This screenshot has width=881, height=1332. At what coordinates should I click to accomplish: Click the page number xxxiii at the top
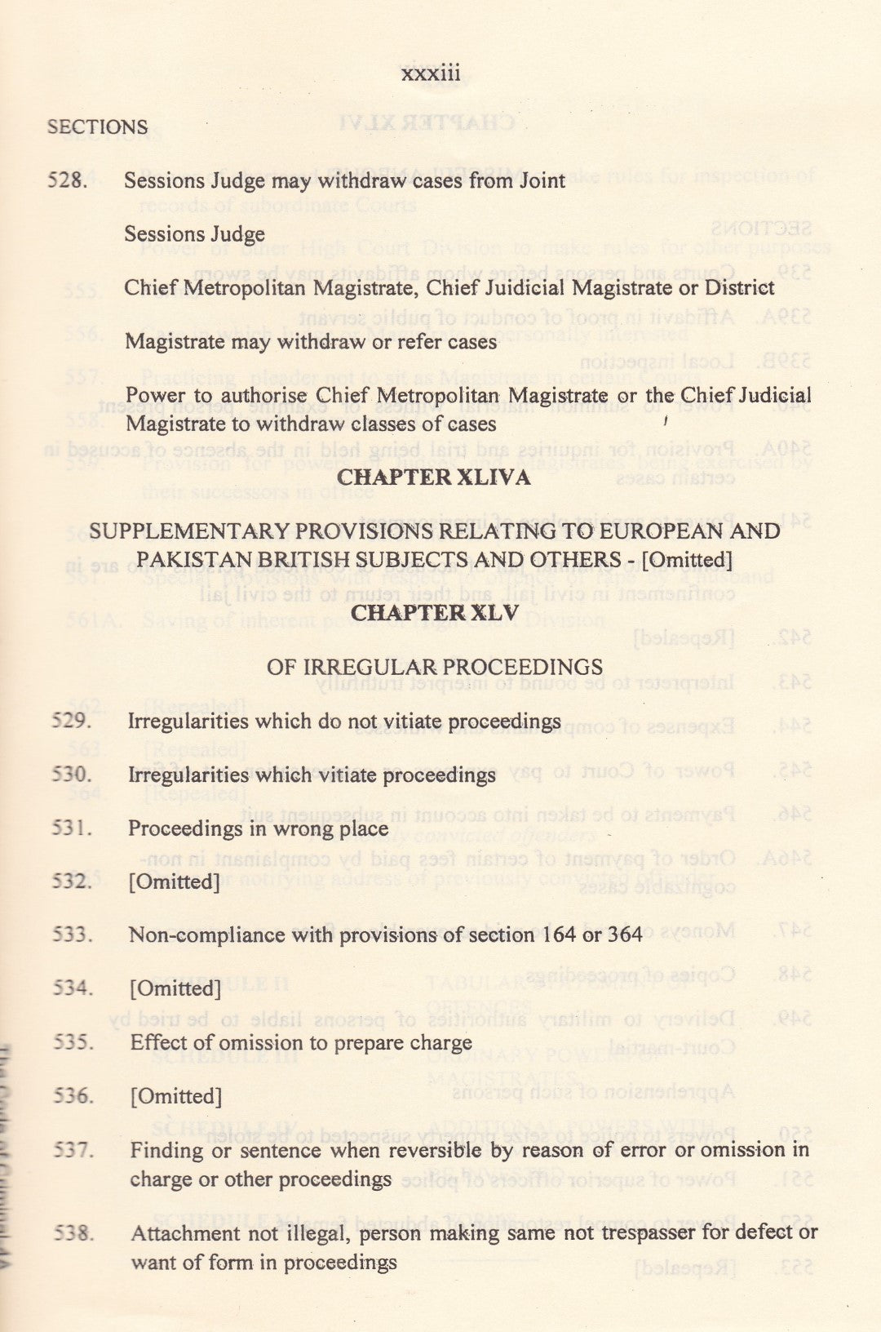pyautogui.click(x=431, y=74)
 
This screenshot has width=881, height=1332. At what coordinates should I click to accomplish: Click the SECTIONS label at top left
pyautogui.click(x=98, y=127)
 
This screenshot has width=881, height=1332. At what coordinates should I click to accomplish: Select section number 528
pyautogui.click(x=67, y=180)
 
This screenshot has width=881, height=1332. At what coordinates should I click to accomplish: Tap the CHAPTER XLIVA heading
pyautogui.click(x=434, y=477)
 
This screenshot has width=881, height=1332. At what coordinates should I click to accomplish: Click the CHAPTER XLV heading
pyautogui.click(x=434, y=613)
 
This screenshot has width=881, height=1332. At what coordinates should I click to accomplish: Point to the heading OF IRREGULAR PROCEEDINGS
pyautogui.click(x=434, y=667)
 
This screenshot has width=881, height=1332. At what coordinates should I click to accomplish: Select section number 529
pyautogui.click(x=71, y=721)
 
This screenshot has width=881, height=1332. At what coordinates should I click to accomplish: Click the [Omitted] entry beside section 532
pyautogui.click(x=174, y=882)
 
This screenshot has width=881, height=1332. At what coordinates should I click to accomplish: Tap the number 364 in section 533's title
pyautogui.click(x=625, y=935)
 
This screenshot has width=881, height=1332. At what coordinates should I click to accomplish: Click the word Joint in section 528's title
pyautogui.click(x=542, y=180)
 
